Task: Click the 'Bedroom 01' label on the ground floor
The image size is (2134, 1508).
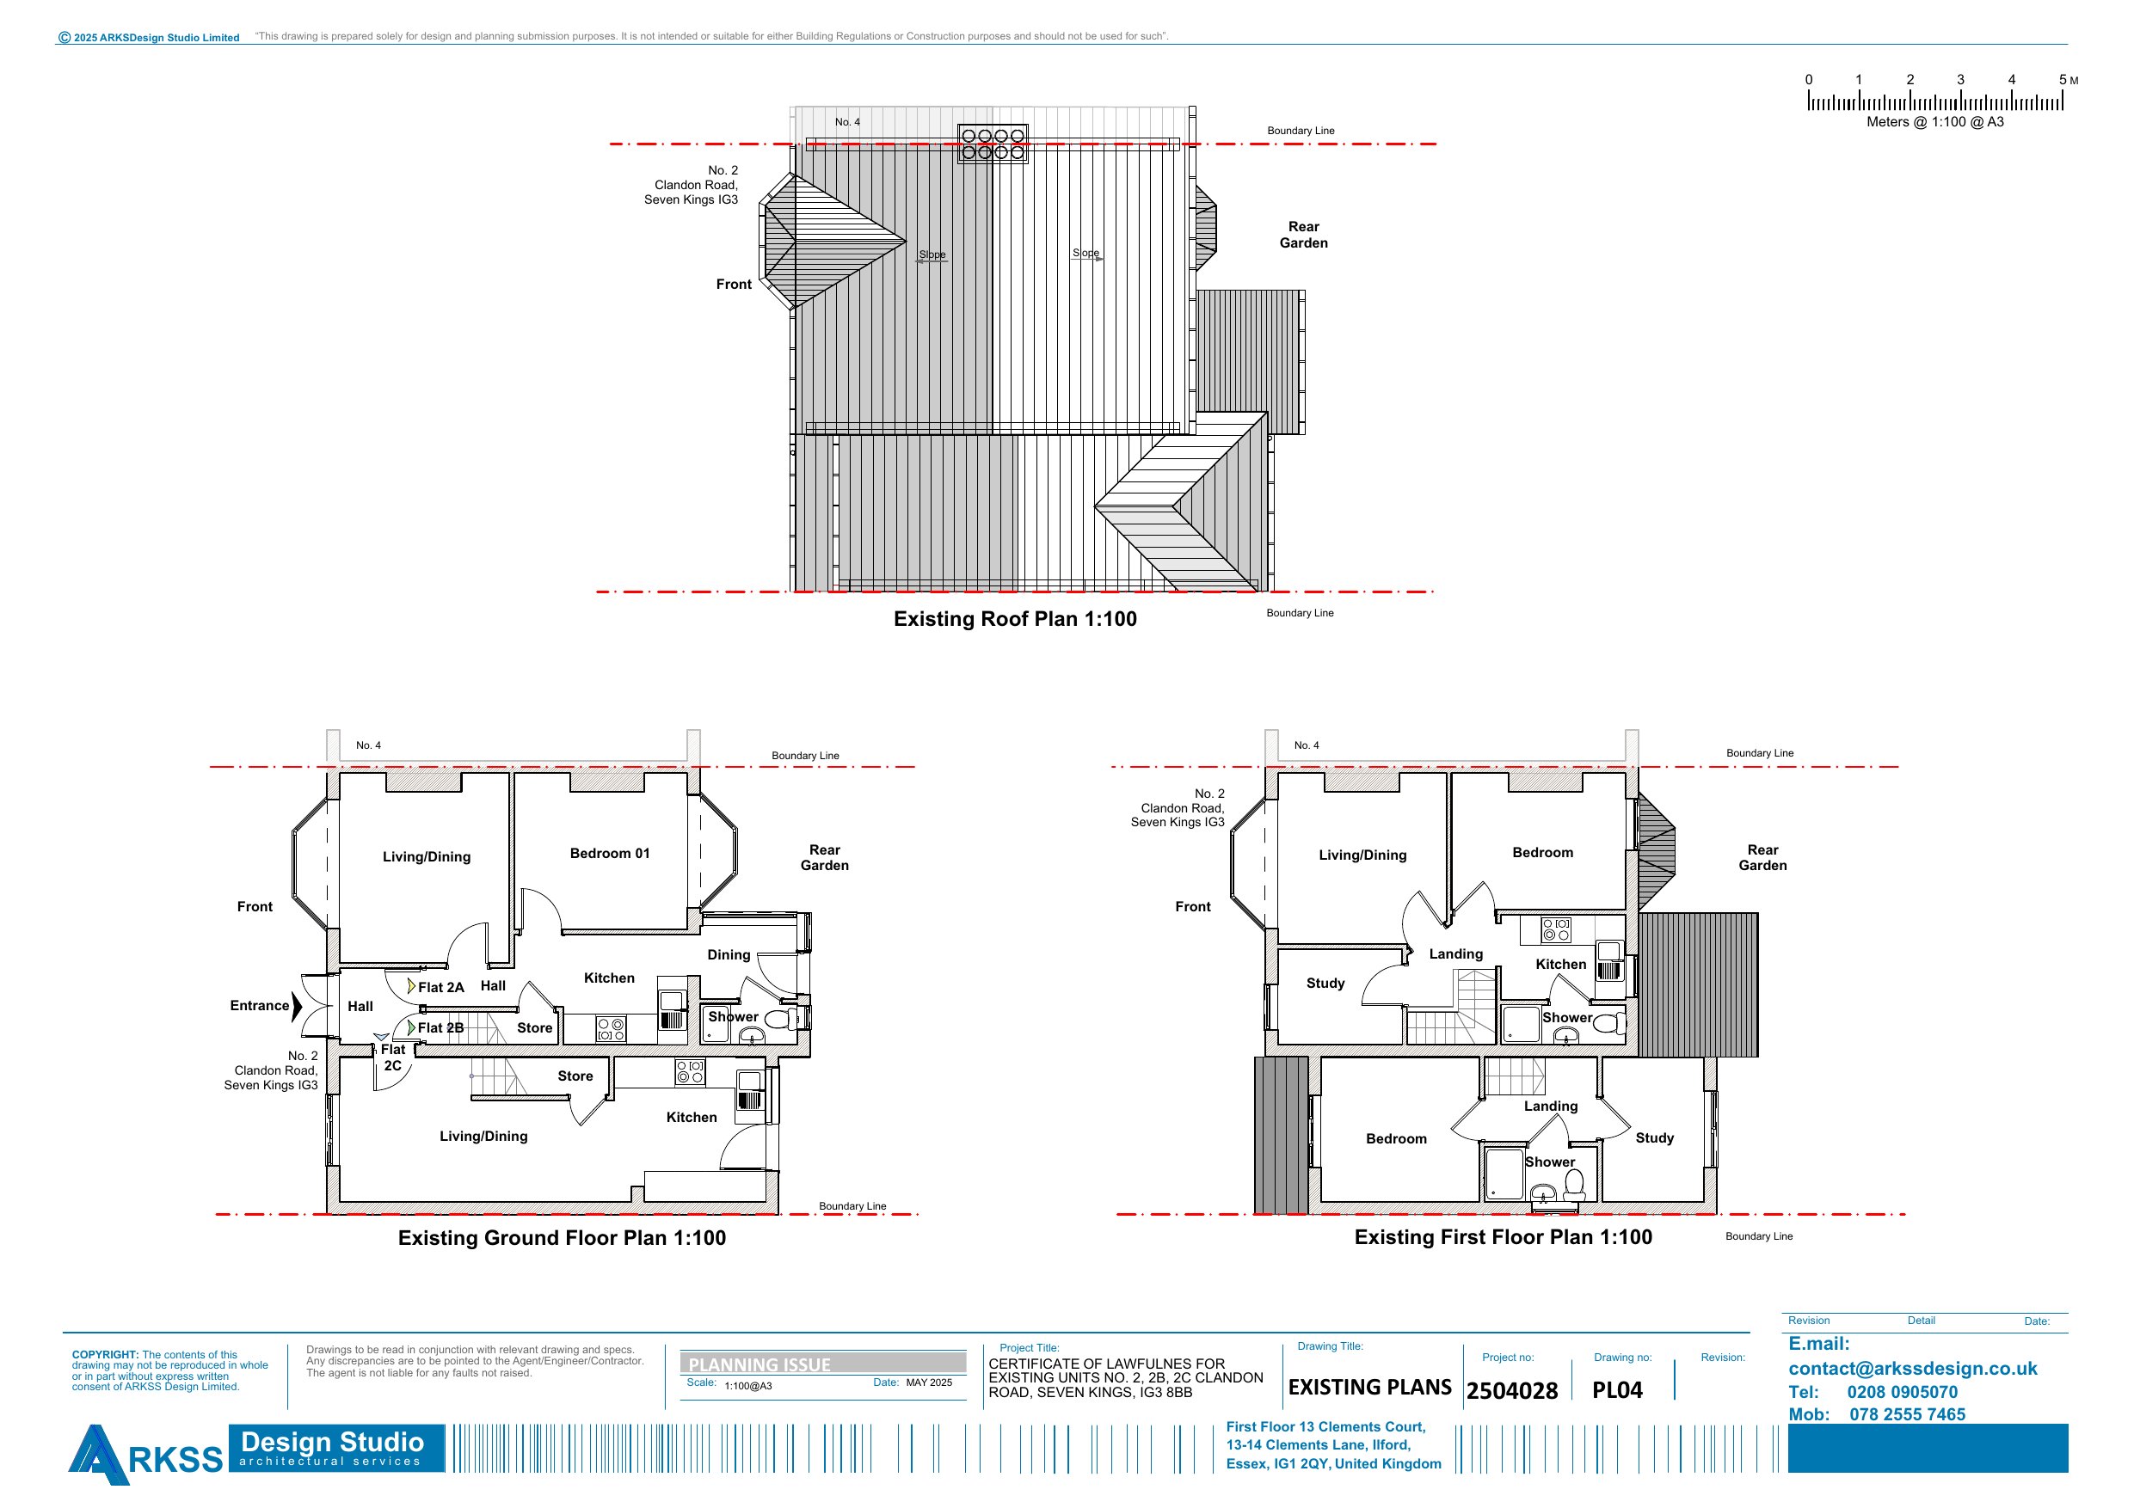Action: click(610, 853)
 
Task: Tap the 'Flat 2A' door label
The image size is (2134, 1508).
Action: click(440, 988)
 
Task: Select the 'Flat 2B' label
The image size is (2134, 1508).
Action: click(440, 1027)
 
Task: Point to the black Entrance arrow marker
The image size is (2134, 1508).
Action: click(297, 1006)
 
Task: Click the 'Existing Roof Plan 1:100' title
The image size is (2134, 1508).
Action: click(1015, 619)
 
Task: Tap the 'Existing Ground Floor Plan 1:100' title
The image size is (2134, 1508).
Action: click(562, 1238)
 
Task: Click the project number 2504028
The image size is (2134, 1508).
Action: click(1512, 1390)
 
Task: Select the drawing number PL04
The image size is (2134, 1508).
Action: click(1617, 1390)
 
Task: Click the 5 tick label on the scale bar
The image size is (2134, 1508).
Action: click(2063, 80)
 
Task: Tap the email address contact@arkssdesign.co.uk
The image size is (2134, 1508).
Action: click(1913, 1369)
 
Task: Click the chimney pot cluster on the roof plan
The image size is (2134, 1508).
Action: click(993, 144)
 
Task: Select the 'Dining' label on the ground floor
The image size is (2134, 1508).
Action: click(729, 954)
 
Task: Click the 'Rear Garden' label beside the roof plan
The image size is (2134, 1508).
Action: click(1303, 235)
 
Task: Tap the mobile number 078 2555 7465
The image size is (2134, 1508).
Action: click(1907, 1414)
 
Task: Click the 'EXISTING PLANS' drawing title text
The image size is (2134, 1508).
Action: click(1369, 1388)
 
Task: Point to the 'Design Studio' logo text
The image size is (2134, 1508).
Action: click(332, 1441)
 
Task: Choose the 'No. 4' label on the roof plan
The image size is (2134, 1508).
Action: click(846, 122)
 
